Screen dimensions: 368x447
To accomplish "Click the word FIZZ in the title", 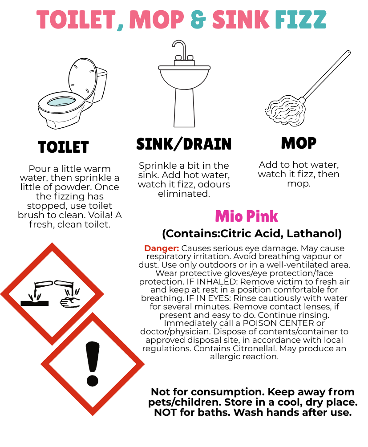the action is [300, 20].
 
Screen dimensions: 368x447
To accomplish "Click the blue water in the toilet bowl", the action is [61, 102].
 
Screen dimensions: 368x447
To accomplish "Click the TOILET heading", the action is [64, 147].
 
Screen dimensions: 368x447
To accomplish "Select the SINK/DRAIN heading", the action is [184, 144].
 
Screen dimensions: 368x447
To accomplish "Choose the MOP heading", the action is [299, 143].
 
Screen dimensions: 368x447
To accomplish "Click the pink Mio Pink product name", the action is [247, 216].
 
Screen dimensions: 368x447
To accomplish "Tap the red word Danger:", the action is [162, 248].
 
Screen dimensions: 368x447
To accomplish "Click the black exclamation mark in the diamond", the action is [93, 364].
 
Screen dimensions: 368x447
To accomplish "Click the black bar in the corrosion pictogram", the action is [35, 303].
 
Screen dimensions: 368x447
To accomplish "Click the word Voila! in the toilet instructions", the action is [99, 215].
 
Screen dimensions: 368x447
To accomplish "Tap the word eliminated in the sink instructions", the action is [184, 194].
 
